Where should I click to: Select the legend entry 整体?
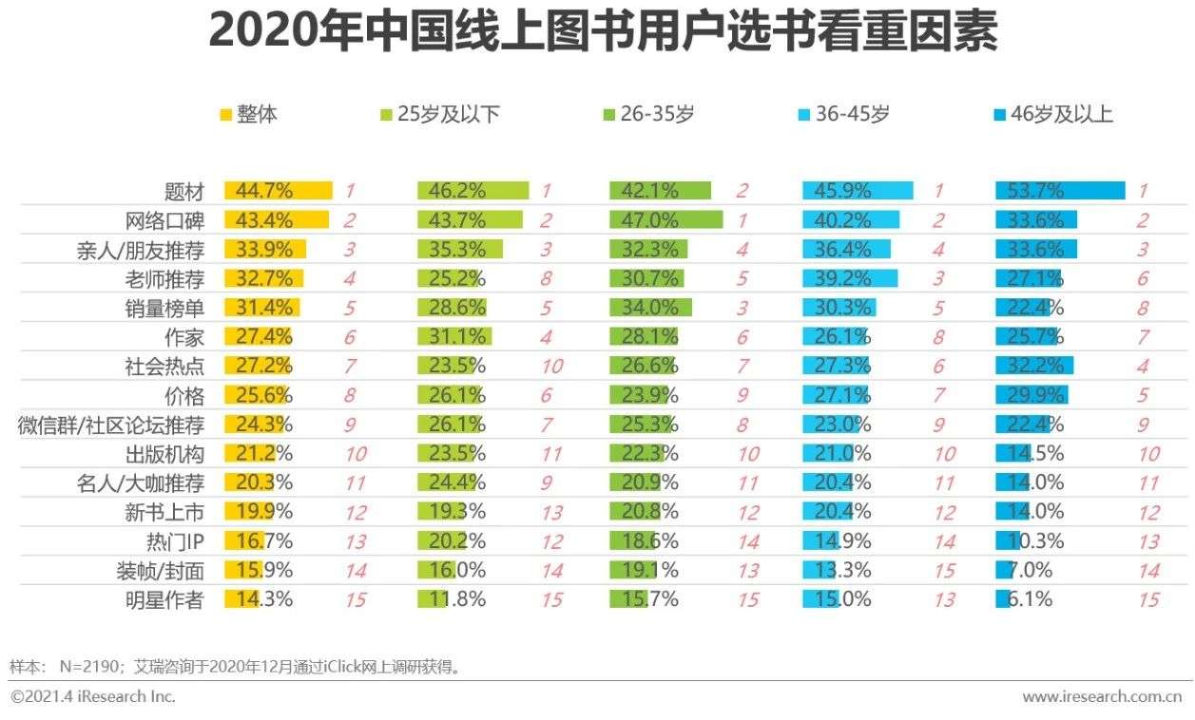[248, 115]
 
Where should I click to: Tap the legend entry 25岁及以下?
[439, 115]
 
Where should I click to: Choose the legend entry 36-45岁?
[842, 115]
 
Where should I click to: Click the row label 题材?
[183, 192]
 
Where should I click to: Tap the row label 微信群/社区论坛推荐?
[111, 426]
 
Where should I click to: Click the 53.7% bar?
[1059, 191]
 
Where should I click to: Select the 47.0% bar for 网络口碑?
[665, 220]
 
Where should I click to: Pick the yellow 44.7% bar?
[278, 191]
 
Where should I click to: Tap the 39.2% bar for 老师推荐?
[850, 279]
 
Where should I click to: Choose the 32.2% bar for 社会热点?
[1033, 367]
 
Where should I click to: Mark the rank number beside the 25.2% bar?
[547, 280]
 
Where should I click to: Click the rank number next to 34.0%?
[741, 309]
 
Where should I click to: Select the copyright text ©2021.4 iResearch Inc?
[93, 696]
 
